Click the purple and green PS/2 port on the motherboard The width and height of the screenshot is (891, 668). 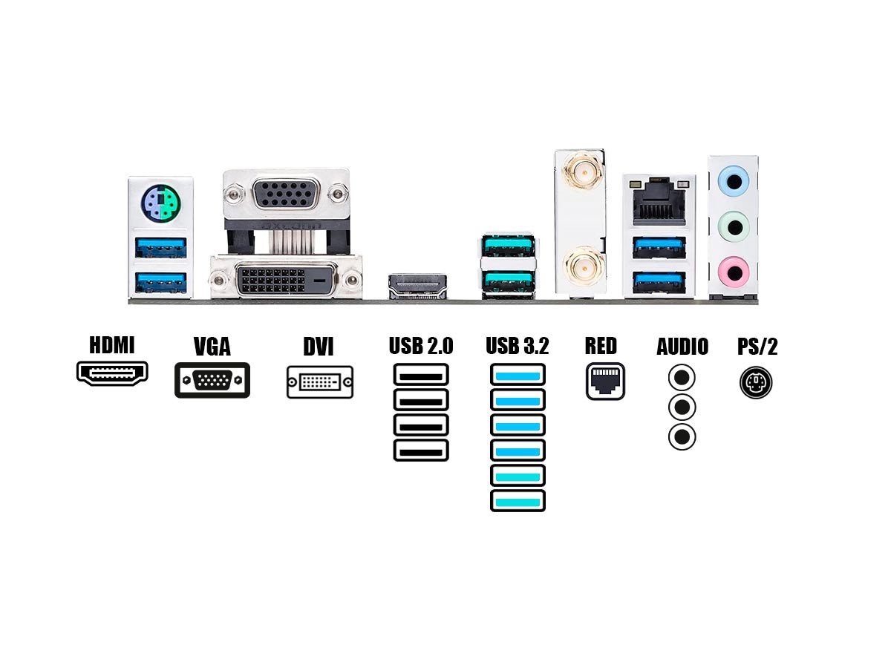(160, 200)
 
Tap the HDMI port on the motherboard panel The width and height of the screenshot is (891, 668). (418, 284)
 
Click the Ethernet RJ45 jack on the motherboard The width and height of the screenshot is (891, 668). (658, 199)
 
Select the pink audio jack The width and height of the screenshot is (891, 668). (734, 266)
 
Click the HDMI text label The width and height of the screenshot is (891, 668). (112, 346)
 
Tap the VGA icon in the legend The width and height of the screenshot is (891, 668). (212, 381)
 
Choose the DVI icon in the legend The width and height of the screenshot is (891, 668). (320, 382)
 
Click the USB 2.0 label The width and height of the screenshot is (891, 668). (421, 347)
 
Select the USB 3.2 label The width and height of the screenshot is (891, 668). (518, 347)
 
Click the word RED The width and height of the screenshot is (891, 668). (601, 347)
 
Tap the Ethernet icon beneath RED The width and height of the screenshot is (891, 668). (605, 382)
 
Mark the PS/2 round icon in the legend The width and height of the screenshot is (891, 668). (756, 383)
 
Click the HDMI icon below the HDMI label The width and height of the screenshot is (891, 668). (112, 373)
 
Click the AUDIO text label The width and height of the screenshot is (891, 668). (682, 347)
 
